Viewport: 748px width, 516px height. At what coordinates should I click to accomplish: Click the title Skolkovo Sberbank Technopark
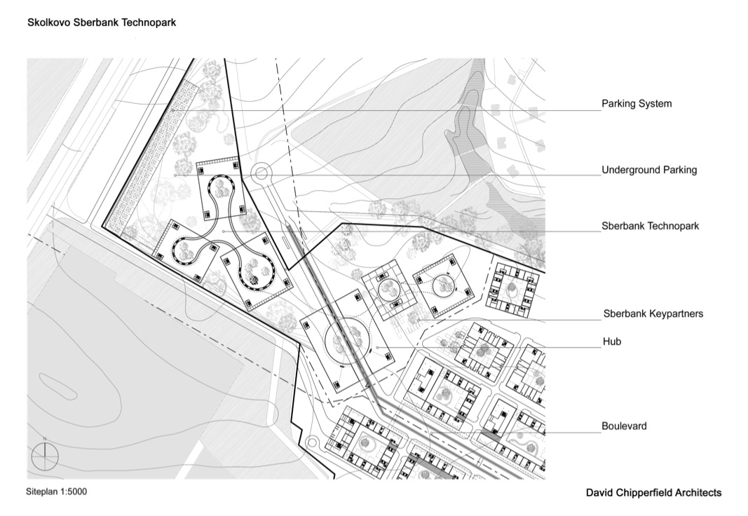tap(102, 22)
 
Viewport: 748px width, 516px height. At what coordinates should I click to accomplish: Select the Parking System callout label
tap(637, 104)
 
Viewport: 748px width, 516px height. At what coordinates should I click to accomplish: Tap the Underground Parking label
tap(649, 170)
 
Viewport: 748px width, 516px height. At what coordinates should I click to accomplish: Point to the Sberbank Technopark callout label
tap(650, 226)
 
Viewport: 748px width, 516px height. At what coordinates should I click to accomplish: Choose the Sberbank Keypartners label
tap(653, 313)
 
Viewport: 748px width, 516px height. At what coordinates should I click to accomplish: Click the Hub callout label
tap(612, 342)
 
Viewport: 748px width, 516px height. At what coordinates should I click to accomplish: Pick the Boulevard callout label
tap(624, 426)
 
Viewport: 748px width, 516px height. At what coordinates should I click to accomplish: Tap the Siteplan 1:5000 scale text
tap(57, 492)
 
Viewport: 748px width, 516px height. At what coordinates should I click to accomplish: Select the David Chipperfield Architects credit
tap(653, 493)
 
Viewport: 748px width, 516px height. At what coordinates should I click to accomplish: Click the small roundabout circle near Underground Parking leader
tap(262, 172)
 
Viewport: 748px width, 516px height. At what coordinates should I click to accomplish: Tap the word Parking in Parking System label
tap(619, 104)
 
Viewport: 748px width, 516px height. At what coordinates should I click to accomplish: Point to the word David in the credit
tap(599, 493)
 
